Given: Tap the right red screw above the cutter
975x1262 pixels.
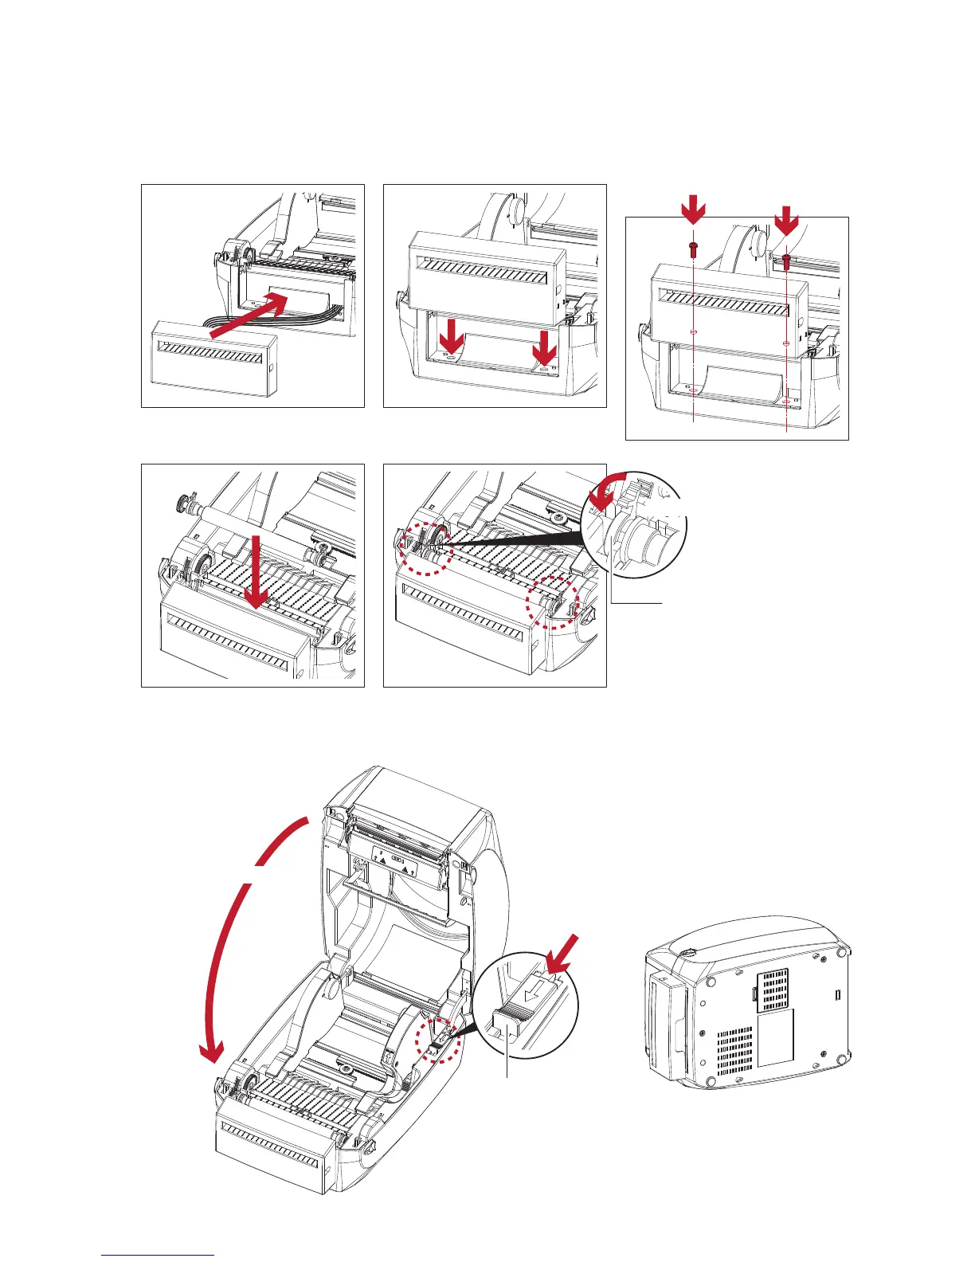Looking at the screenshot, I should tap(787, 257).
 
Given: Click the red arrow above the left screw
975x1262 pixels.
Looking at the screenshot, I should tap(694, 213).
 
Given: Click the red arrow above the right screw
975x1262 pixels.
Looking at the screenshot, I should tap(787, 220).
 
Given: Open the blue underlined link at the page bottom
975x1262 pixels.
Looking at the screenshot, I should tap(158, 1255).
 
